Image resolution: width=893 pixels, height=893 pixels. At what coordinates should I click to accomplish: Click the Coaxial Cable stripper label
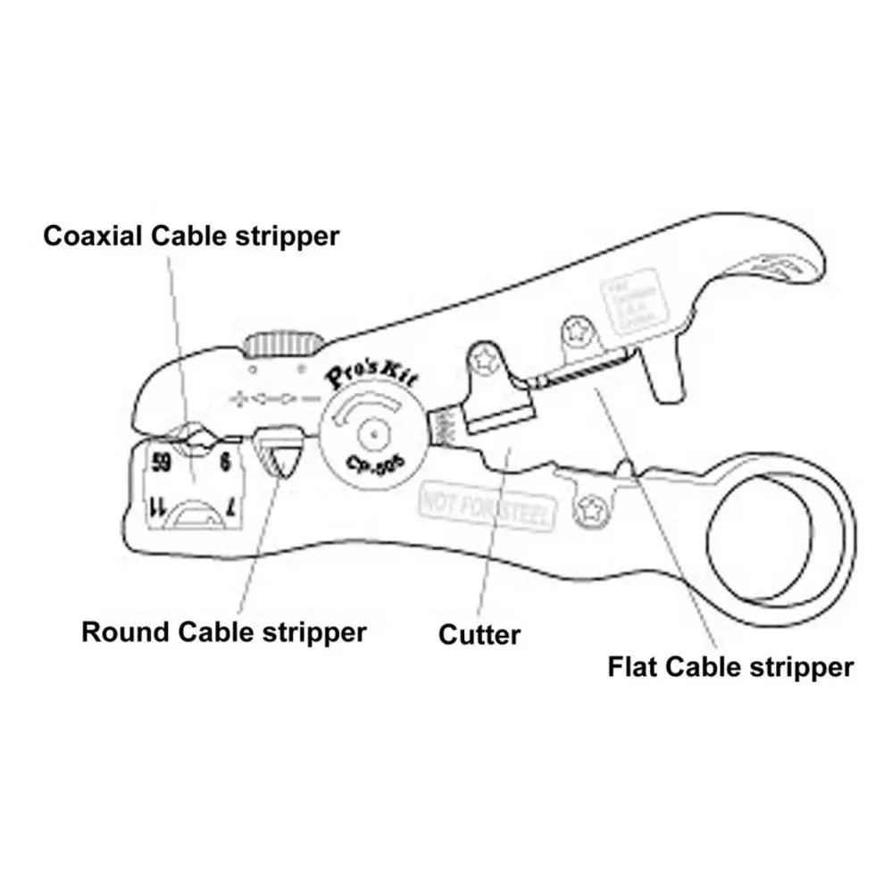tap(192, 236)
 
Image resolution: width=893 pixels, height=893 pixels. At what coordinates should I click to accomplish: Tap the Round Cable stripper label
tap(223, 632)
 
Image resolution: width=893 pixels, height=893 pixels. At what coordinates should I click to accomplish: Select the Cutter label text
tap(479, 635)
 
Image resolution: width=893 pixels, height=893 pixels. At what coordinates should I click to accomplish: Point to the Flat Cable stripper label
tap(730, 666)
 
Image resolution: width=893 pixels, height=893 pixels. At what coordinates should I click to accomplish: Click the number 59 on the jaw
tap(162, 463)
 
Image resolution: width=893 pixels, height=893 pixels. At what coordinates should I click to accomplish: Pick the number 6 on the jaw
tap(224, 463)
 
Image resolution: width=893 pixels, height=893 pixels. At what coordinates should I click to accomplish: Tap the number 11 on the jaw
tap(155, 508)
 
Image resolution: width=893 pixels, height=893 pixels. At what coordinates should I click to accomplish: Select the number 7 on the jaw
tap(230, 508)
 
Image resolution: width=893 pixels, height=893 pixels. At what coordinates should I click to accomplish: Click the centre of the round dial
tap(372, 433)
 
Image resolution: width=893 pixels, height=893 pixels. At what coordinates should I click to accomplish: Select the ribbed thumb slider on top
tap(283, 344)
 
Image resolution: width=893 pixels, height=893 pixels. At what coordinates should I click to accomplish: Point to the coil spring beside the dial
tap(443, 427)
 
